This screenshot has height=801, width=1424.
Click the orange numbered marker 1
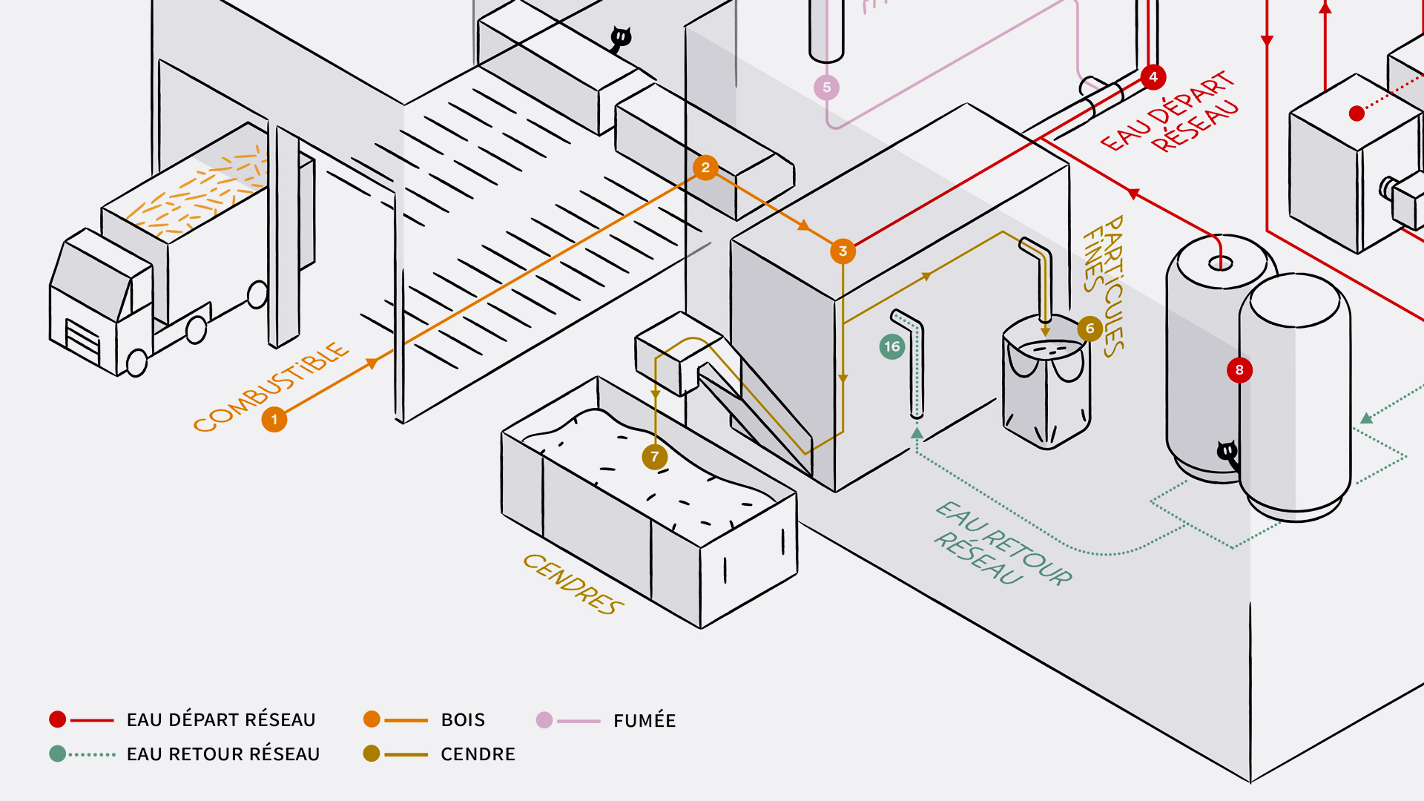pyautogui.click(x=274, y=420)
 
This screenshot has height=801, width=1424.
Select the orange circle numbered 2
pyautogui.click(x=705, y=168)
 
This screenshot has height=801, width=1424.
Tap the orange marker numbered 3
pyautogui.click(x=843, y=251)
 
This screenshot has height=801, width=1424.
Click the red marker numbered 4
pyautogui.click(x=1153, y=77)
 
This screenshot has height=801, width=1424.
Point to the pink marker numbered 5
pyautogui.click(x=826, y=88)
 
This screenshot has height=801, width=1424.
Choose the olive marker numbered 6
pyautogui.click(x=1090, y=329)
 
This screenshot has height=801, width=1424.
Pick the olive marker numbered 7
pyautogui.click(x=654, y=457)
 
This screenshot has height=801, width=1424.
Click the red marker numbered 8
pyautogui.click(x=1239, y=370)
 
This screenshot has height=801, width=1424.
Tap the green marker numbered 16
pyautogui.click(x=892, y=346)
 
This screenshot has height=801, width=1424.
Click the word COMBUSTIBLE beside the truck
pyautogui.click(x=271, y=386)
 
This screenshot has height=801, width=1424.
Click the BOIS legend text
pyautogui.click(x=463, y=720)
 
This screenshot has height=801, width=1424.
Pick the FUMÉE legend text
pyautogui.click(x=645, y=721)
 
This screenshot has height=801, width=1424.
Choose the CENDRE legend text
pyautogui.click(x=478, y=754)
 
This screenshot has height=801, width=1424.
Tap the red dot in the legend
pyautogui.click(x=58, y=719)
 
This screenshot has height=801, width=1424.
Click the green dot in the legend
pyautogui.click(x=58, y=754)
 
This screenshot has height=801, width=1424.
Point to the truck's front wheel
pyautogui.click(x=137, y=363)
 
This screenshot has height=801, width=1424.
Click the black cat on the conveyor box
pyautogui.click(x=621, y=37)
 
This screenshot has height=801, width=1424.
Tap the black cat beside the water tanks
pyautogui.click(x=1227, y=451)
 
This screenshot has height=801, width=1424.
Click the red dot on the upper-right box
pyautogui.click(x=1357, y=113)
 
